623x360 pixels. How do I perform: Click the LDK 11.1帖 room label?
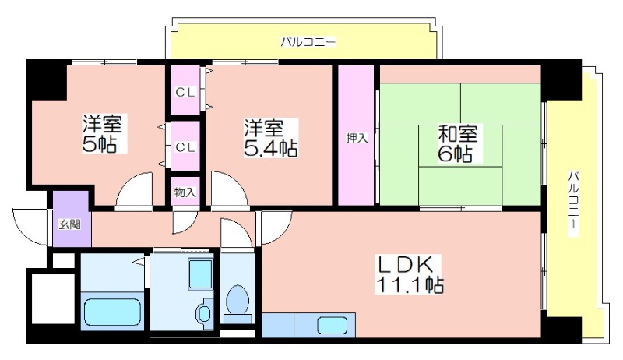(x=409, y=274)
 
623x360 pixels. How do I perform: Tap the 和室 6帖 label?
(x=457, y=143)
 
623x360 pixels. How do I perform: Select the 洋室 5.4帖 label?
(x=270, y=137)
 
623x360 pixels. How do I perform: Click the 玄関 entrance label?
(x=70, y=224)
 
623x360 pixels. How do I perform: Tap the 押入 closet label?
(x=357, y=138)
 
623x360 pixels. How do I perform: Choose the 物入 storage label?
(x=185, y=192)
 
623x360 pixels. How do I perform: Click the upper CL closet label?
(x=185, y=93)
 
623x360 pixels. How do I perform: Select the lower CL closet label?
(x=185, y=147)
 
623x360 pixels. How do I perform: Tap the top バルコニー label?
(x=308, y=42)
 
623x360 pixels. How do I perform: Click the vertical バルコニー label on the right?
(x=573, y=204)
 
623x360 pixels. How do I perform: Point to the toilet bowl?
(x=238, y=299)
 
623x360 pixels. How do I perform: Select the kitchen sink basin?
(x=333, y=325)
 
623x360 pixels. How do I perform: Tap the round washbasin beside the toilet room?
(x=204, y=314)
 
